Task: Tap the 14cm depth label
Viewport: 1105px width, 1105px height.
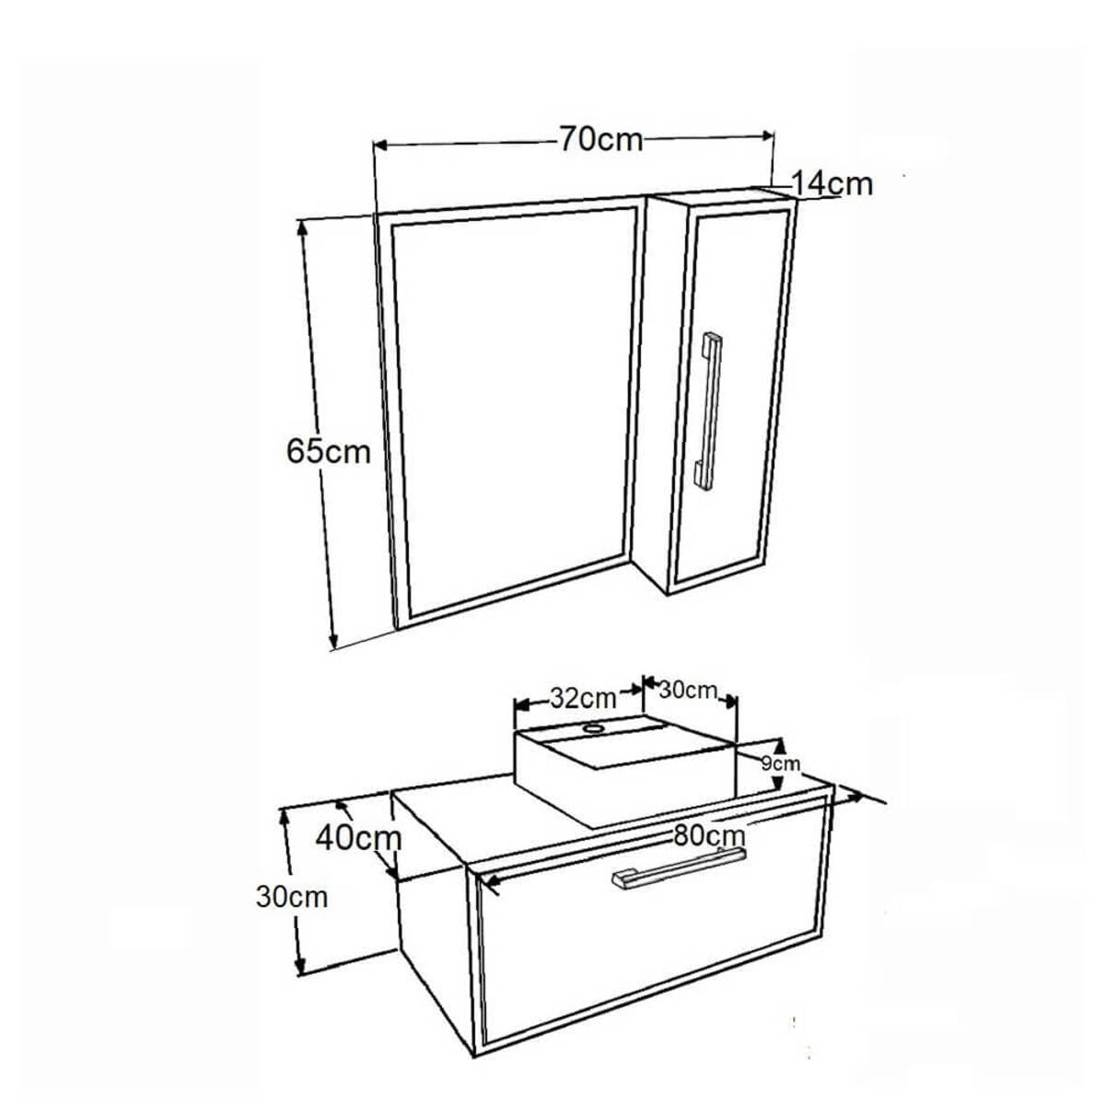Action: tap(832, 184)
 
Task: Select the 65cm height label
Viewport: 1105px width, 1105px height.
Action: tap(329, 451)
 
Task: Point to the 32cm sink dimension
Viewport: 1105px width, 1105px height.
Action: tap(583, 698)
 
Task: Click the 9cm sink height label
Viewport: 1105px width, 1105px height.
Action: tap(781, 763)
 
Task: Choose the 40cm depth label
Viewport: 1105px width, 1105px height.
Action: tap(358, 838)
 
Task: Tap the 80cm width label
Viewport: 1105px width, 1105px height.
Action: tap(709, 835)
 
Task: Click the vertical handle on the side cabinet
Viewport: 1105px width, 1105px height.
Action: tap(709, 411)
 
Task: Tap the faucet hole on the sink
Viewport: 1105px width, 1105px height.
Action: tap(592, 728)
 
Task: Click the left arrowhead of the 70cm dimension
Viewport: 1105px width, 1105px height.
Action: tap(379, 146)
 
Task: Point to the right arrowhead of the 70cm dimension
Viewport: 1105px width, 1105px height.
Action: tap(768, 135)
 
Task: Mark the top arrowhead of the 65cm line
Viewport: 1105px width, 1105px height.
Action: tap(302, 227)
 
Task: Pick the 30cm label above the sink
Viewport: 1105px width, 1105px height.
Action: tap(688, 691)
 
